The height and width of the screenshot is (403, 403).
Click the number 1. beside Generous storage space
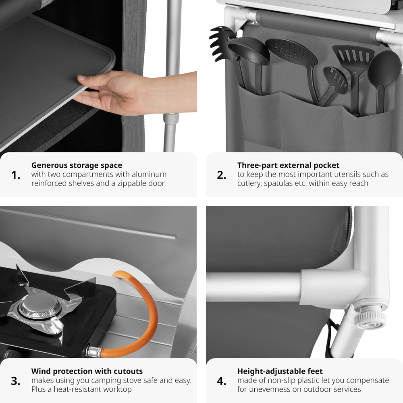pos(16,175)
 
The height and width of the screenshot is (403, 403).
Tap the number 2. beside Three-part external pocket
pos(222,175)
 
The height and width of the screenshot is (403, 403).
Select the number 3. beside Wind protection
pos(16,381)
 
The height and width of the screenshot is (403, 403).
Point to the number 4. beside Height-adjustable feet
pos(222,381)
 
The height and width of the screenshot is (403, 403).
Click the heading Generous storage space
pos(77,165)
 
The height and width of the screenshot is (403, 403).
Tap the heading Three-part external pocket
pos(288,165)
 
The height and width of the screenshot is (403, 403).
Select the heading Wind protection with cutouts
pos(87,371)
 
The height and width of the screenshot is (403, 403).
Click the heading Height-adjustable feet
pos(280,371)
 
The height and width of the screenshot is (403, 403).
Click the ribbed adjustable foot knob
pos(370,318)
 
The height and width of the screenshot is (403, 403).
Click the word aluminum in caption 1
pos(149,174)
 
